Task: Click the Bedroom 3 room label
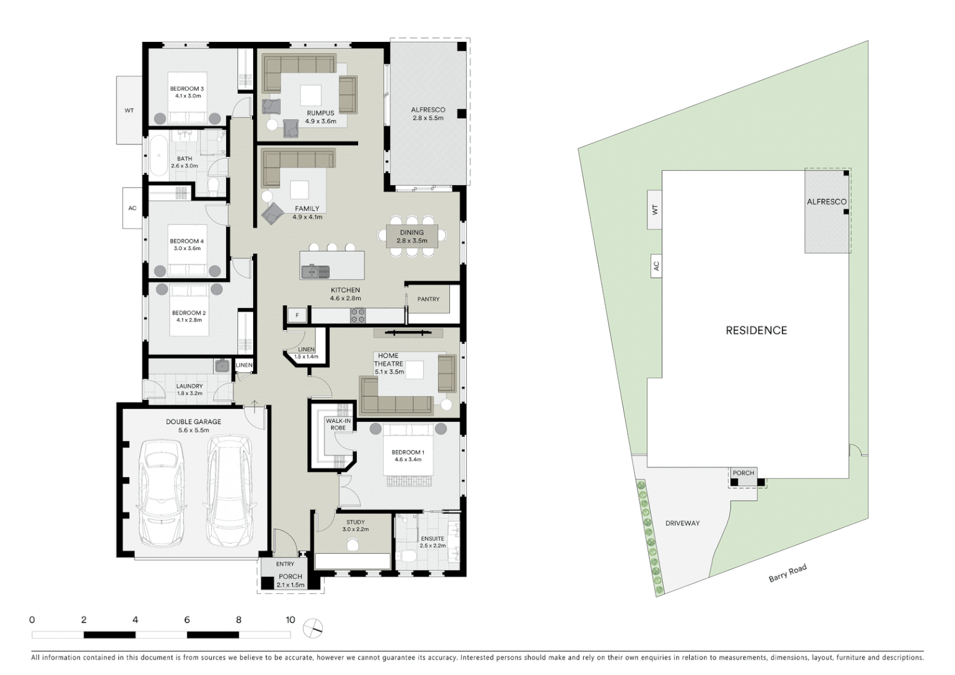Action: point(187,92)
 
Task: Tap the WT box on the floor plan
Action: point(129,111)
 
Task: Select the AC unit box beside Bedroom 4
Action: point(132,208)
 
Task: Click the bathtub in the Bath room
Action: point(157,156)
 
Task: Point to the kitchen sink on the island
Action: point(314,271)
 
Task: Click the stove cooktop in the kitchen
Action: point(357,316)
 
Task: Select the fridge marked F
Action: point(297,316)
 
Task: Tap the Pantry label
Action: point(428,299)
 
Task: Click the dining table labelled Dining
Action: point(412,236)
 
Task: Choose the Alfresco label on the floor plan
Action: point(428,113)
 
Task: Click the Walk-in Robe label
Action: point(338,424)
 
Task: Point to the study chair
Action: point(352,545)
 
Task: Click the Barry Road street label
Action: point(787,573)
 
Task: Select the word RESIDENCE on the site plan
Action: point(756,331)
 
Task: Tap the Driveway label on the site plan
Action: point(682,523)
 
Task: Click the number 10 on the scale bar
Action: point(290,620)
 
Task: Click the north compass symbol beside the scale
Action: point(313,628)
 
